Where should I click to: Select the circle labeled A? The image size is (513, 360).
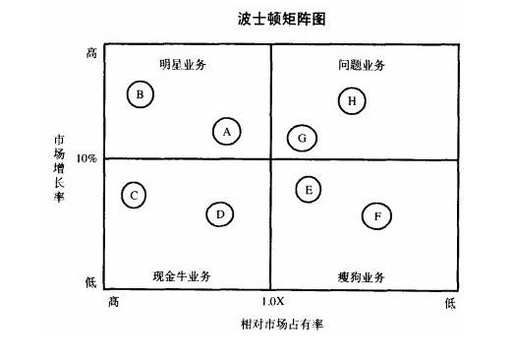[227, 131]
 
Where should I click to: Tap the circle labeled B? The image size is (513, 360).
[141, 94]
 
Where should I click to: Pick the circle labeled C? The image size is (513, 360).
[135, 195]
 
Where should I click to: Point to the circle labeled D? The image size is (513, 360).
[220, 213]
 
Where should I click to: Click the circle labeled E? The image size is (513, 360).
[309, 189]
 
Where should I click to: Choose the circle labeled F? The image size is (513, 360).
[376, 215]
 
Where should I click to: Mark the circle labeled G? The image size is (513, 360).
[302, 138]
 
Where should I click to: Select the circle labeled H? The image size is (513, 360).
[352, 99]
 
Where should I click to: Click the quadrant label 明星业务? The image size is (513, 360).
[184, 65]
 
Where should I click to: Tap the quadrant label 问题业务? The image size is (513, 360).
[362, 65]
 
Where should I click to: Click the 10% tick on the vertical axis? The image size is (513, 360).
[86, 157]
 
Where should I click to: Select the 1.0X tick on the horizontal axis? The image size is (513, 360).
[271, 301]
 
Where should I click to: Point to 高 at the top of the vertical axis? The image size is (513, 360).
[90, 52]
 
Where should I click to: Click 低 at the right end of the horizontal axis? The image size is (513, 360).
[449, 302]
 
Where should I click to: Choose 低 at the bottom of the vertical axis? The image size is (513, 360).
[90, 282]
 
